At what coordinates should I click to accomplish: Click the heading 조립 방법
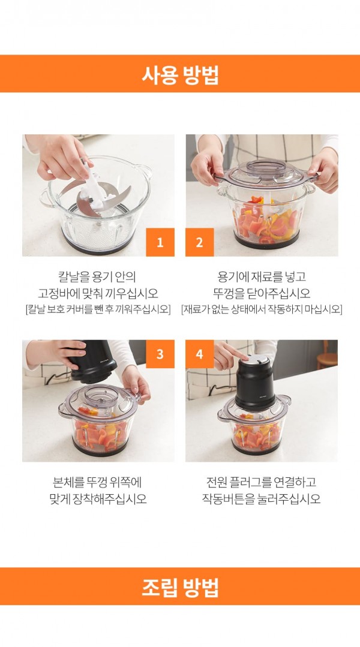pos(180,586)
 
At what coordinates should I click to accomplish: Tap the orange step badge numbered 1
pos(160,242)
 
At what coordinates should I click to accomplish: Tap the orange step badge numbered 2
pos(199,242)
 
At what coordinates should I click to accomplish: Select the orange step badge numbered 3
pos(160,354)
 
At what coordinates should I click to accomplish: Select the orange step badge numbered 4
pos(199,354)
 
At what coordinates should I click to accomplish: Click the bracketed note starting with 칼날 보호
pos(98,309)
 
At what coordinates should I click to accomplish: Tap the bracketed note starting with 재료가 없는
pos(262,309)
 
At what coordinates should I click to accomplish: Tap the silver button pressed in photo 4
pos(255,359)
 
